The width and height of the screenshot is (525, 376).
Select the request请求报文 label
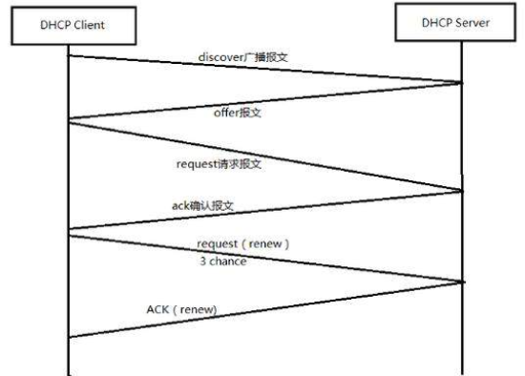click(220, 164)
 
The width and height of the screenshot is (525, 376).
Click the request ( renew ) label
click(243, 244)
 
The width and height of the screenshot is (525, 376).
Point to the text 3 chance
click(222, 261)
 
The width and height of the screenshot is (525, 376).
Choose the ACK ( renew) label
click(181, 308)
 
